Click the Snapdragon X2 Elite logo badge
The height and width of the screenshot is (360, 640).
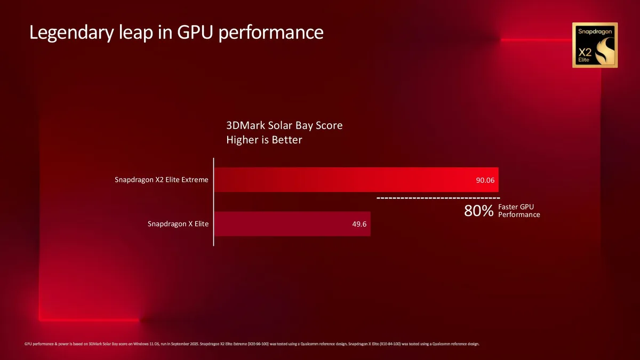pos(595,45)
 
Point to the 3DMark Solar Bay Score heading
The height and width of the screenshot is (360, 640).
pos(284,126)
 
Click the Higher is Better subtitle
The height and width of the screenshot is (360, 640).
pos(264,140)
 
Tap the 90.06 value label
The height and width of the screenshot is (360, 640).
pos(485,180)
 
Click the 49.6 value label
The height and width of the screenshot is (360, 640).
pos(359,224)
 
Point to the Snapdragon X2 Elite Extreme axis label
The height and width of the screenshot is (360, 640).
pos(161,180)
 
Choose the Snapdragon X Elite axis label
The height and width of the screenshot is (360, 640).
pos(178,224)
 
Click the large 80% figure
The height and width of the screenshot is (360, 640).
pos(478,211)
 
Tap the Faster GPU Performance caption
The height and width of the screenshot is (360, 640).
pos(518,211)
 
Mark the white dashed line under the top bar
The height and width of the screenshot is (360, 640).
pos(438,198)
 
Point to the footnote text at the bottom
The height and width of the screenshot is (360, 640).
pos(252,344)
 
